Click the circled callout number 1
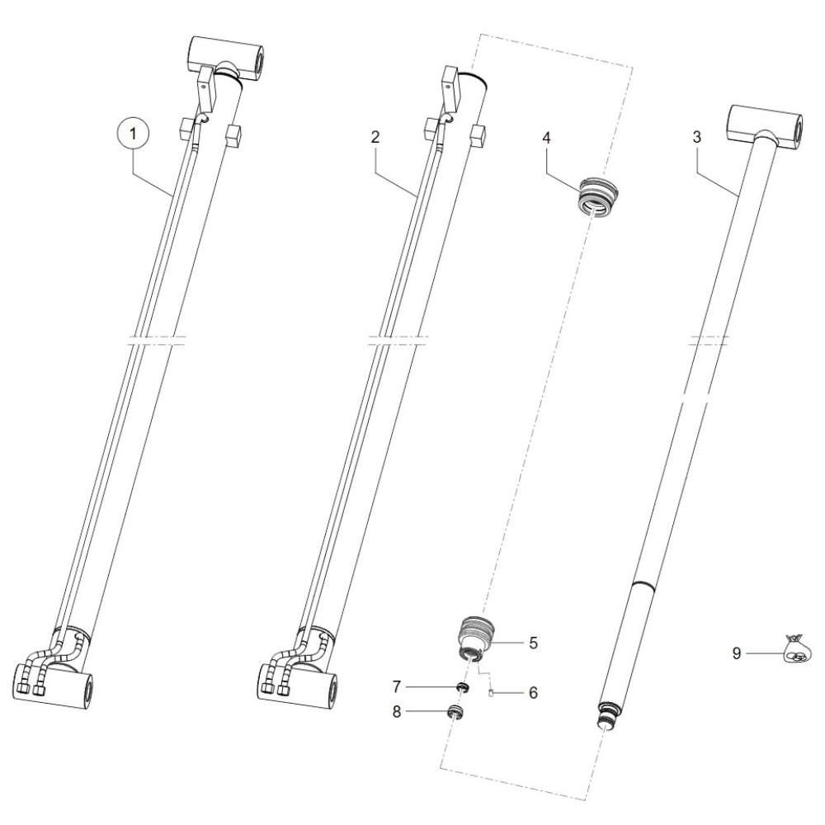click(x=133, y=134)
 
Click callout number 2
click(x=375, y=137)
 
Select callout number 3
click(x=696, y=138)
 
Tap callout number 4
click(x=546, y=139)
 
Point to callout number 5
click(x=533, y=643)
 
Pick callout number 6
click(x=533, y=693)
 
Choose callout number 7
click(x=397, y=686)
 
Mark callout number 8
click(x=397, y=712)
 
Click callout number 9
click(x=737, y=653)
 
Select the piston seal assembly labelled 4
click(x=600, y=196)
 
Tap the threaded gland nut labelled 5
click(x=474, y=638)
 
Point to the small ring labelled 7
click(x=463, y=686)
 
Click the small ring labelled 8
click(x=455, y=712)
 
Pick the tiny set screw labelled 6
click(x=491, y=693)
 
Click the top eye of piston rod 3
click(x=765, y=127)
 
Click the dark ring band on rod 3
click(x=643, y=585)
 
